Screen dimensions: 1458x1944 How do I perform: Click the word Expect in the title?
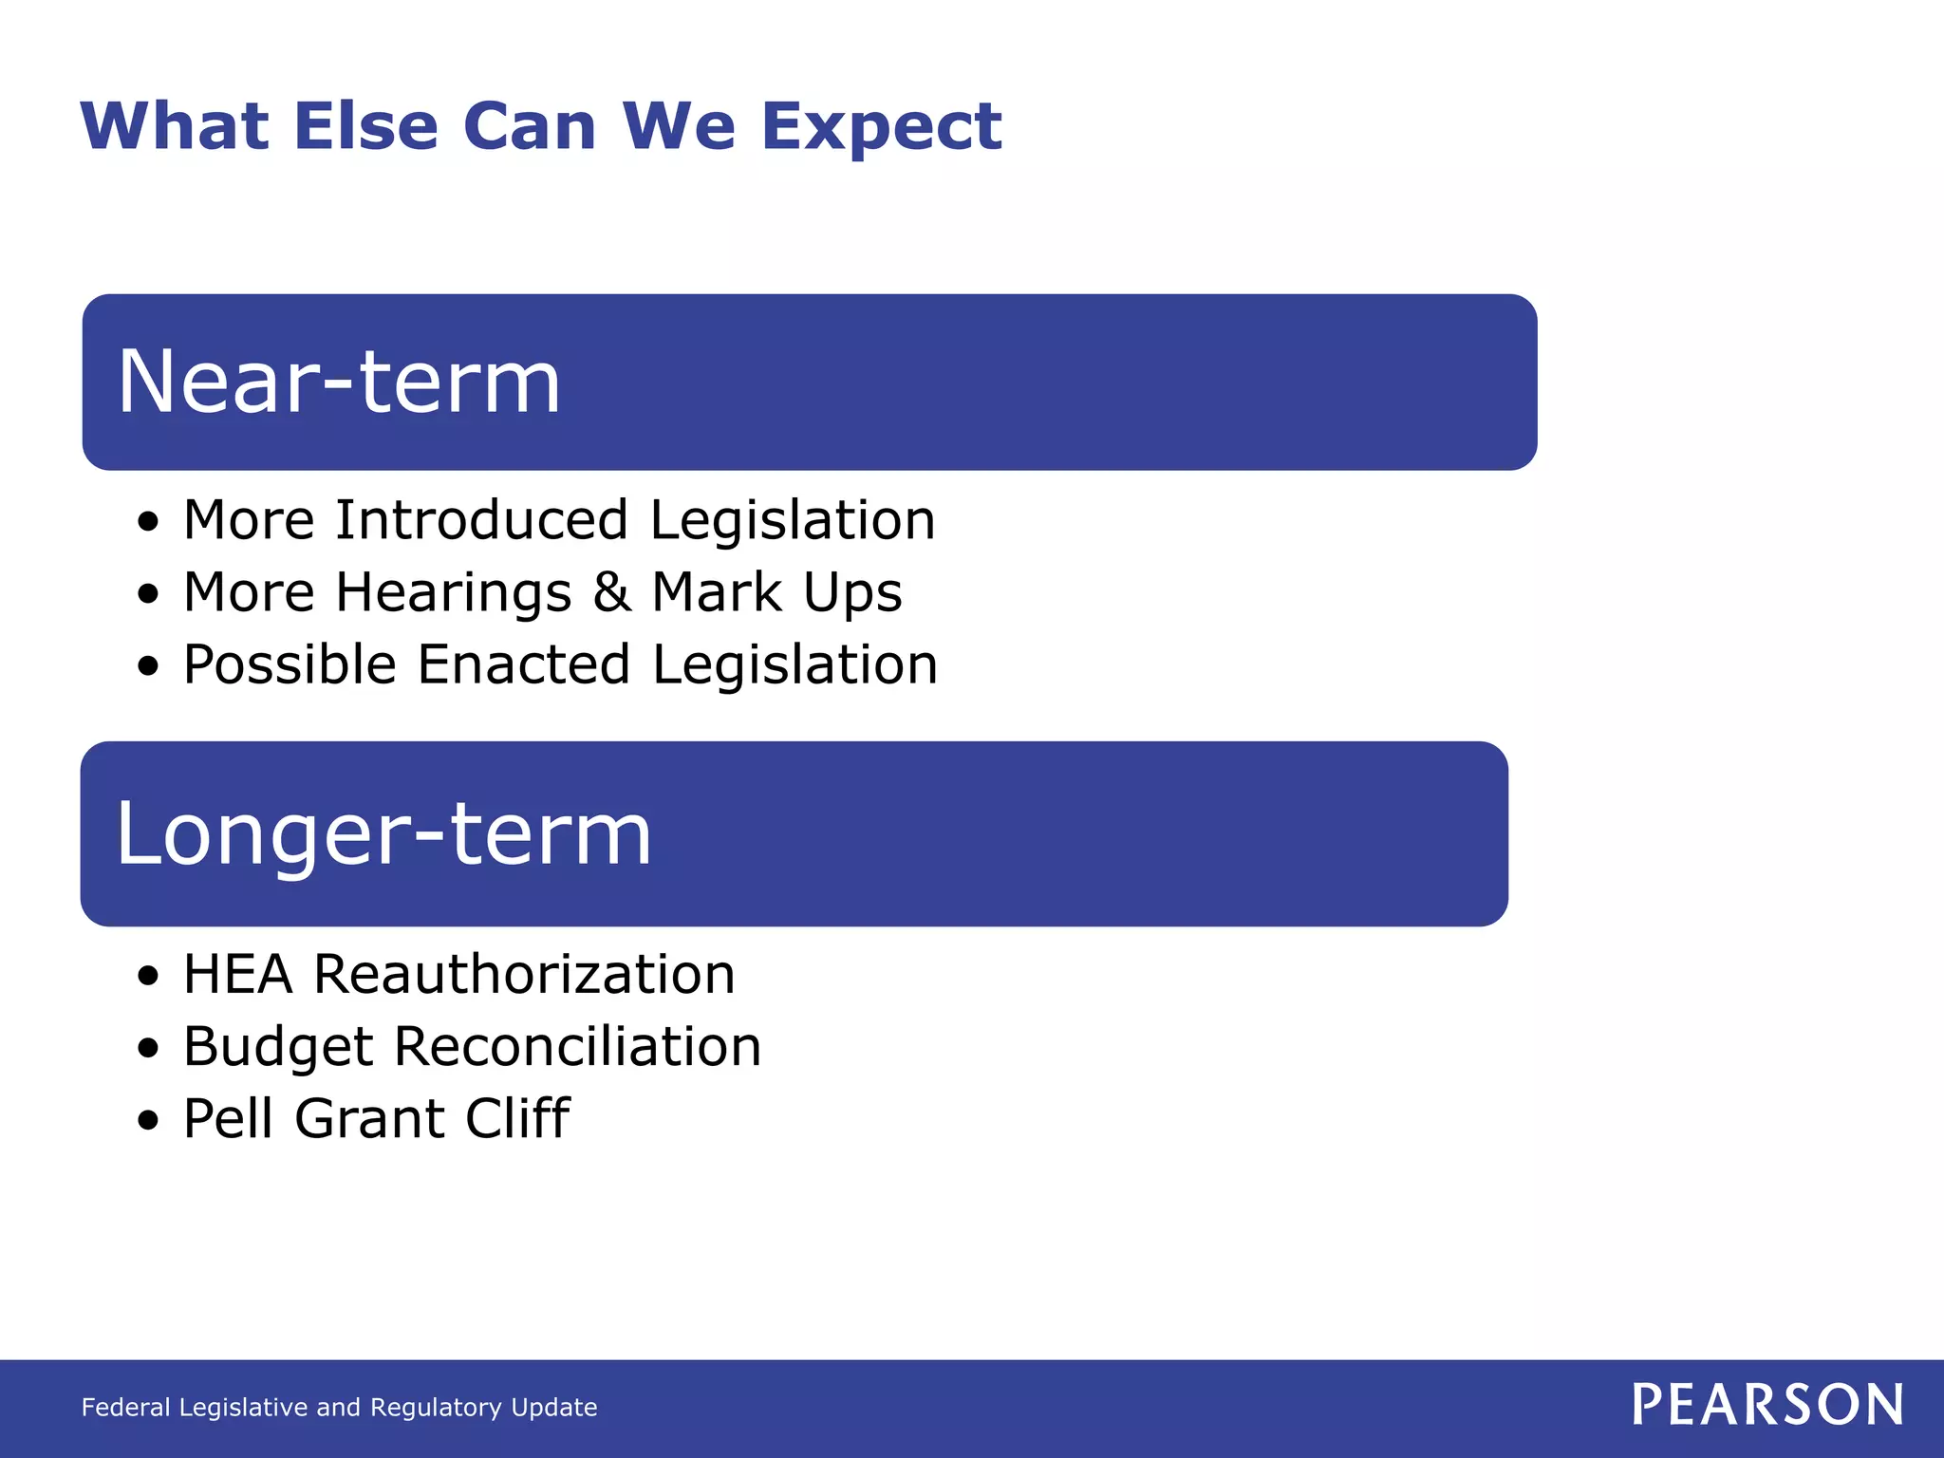(x=881, y=128)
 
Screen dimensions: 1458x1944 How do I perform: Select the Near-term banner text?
(x=339, y=382)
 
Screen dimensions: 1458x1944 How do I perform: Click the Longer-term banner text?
(x=383, y=833)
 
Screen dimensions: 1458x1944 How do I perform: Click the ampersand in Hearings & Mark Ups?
(x=611, y=592)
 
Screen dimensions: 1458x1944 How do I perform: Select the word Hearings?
(x=454, y=594)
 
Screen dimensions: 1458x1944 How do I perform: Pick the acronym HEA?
(x=237, y=975)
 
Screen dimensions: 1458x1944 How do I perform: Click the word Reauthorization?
(x=525, y=975)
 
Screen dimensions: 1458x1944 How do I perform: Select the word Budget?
(x=278, y=1048)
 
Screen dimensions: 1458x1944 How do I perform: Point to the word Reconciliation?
(x=577, y=1047)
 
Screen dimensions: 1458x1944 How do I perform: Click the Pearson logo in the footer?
(x=1767, y=1405)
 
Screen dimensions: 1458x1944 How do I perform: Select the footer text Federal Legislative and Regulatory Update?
(x=339, y=1408)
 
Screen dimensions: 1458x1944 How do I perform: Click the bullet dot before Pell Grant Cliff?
(x=148, y=1121)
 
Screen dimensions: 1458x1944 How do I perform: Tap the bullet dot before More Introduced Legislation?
(x=148, y=523)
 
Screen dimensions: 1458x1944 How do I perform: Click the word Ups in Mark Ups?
(x=852, y=594)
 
